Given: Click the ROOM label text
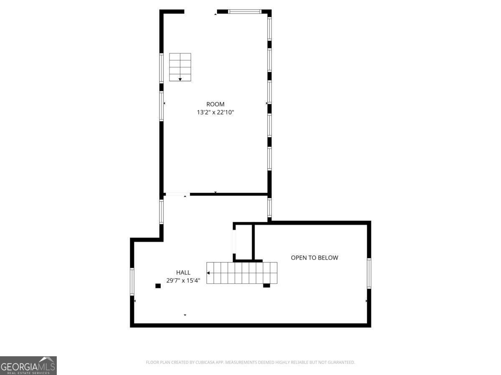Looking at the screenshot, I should point(215,104).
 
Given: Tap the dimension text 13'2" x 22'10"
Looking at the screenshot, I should point(215,112).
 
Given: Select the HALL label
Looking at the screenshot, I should point(183,272).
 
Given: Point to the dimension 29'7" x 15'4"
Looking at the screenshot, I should point(183,281).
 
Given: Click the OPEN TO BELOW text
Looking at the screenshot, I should point(314,257).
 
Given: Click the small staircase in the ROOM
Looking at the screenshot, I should point(180,67).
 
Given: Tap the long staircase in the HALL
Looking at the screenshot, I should point(242,273).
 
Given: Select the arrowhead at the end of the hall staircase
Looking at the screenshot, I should point(209,273).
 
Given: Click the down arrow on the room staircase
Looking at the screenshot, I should point(180,79).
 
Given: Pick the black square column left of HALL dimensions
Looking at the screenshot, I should point(158,286).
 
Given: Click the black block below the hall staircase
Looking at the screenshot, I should point(266,285).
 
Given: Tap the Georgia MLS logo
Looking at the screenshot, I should point(28,365).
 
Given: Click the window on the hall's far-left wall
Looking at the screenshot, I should point(132,282).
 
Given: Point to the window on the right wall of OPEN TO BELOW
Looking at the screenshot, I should point(369,273).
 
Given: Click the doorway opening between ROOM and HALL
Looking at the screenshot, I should point(177,194).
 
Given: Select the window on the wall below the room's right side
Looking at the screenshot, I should point(269,208).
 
